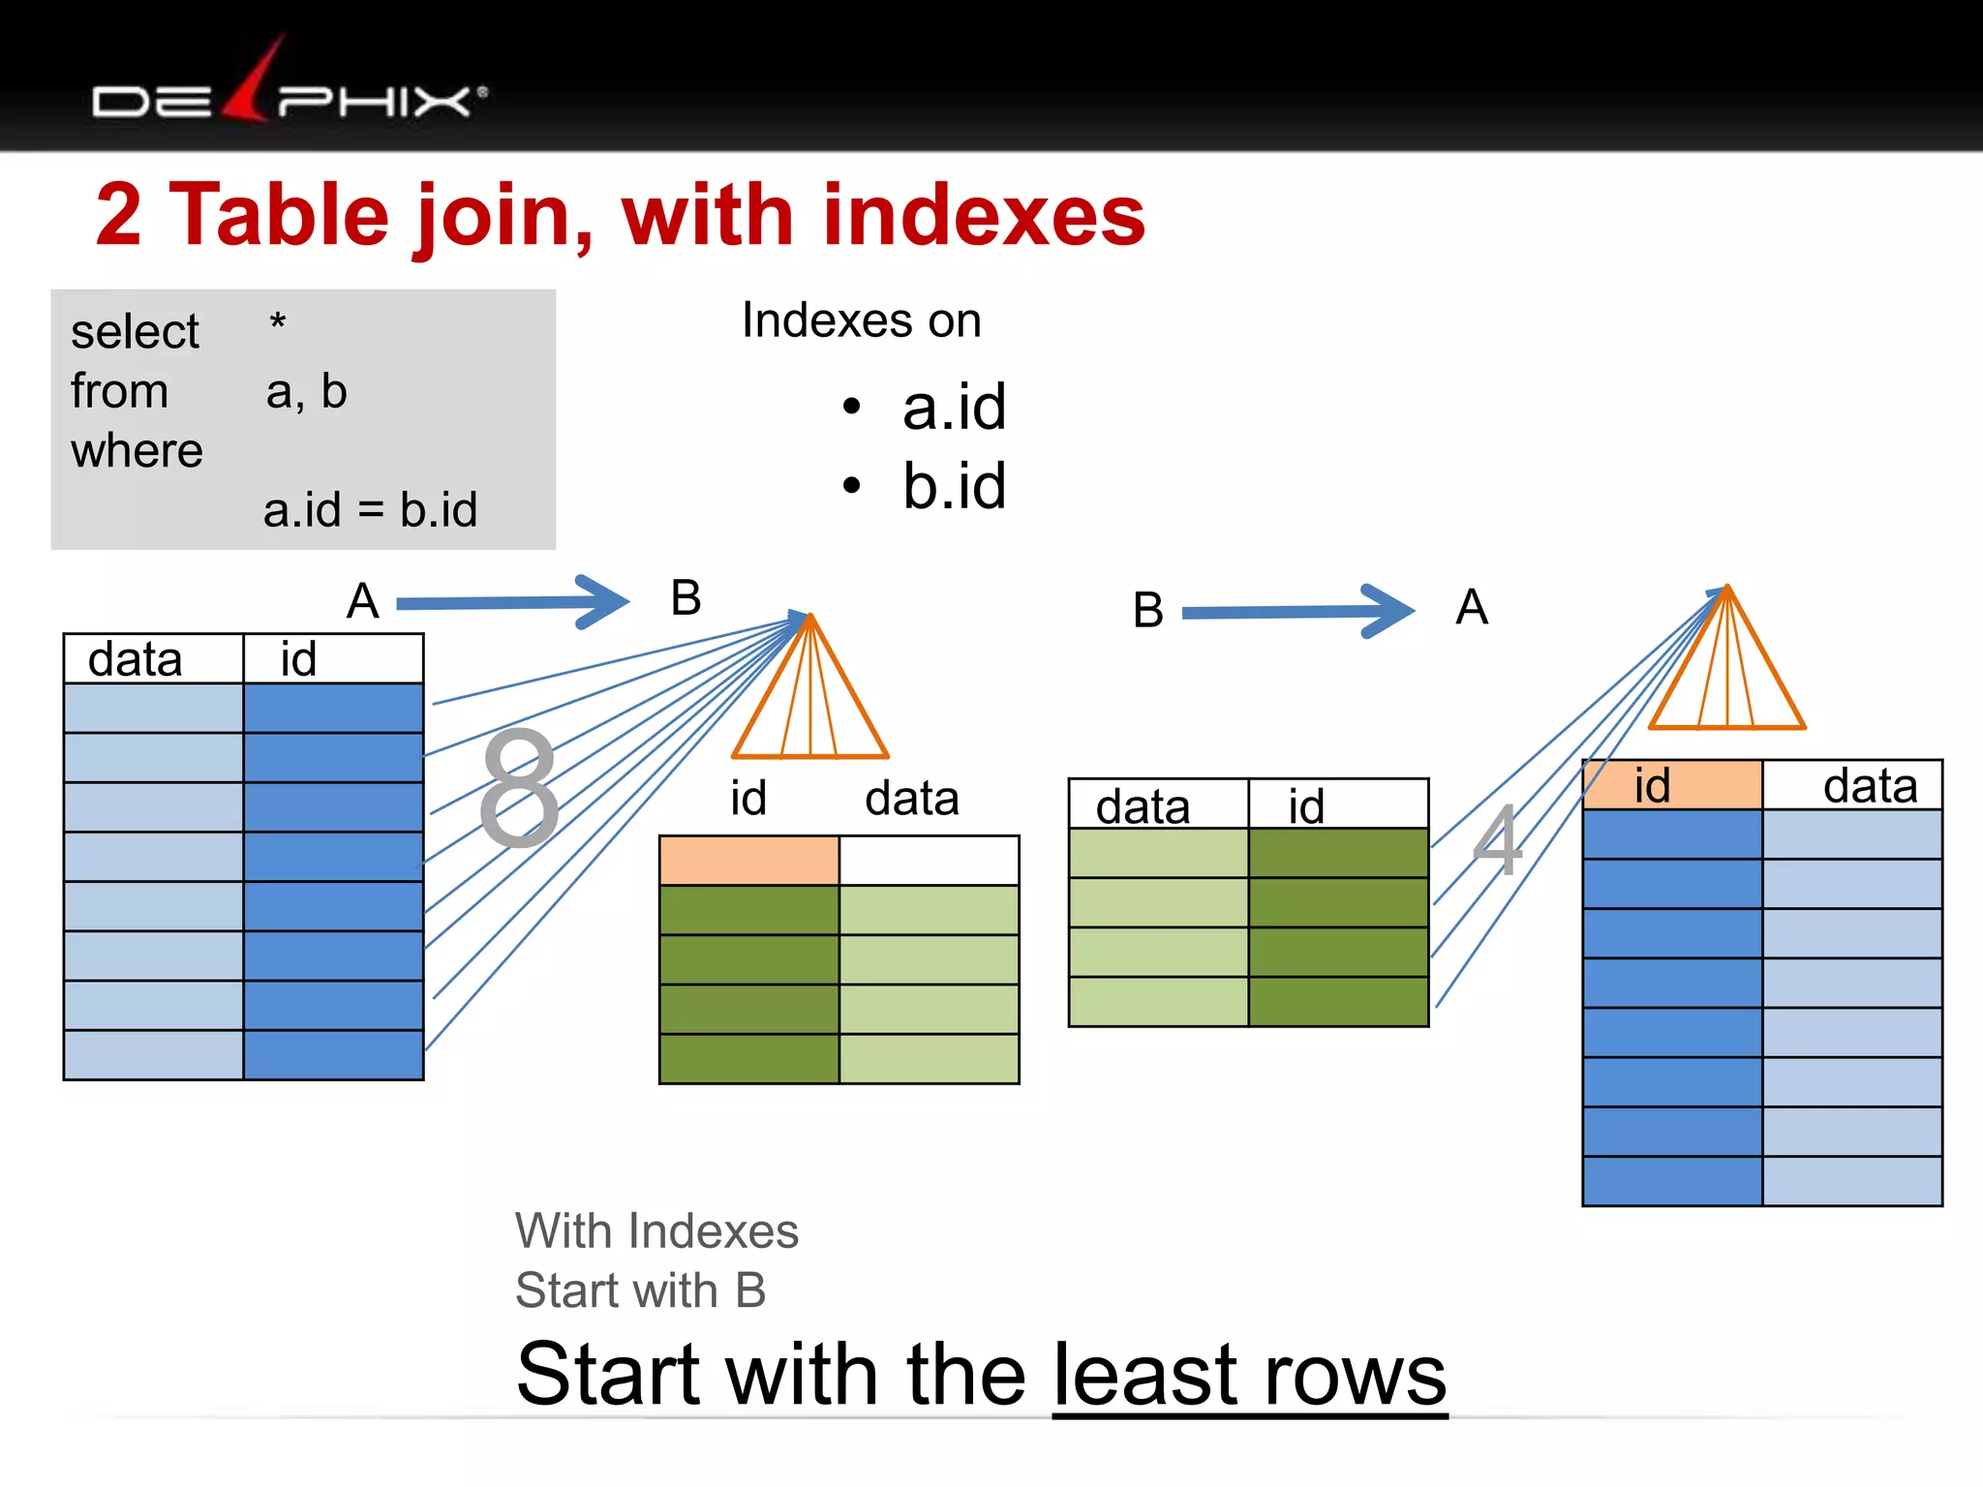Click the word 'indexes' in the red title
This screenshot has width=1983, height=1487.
[x=984, y=215]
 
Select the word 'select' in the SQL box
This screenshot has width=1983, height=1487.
[x=135, y=332]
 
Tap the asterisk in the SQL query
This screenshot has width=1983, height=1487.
[x=277, y=323]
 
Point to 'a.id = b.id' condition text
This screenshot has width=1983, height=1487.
[x=370, y=509]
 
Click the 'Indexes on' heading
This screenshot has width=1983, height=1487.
[x=861, y=320]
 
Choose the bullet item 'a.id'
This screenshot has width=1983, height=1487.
[x=954, y=407]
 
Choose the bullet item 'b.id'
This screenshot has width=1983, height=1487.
[x=954, y=486]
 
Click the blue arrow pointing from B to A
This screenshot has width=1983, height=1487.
[x=1297, y=611]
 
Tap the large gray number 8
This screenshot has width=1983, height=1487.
[x=520, y=788]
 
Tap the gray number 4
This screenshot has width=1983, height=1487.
[x=1497, y=840]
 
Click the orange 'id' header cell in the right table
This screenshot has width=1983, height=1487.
[x=1671, y=785]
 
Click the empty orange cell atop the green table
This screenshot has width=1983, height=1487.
[x=748, y=861]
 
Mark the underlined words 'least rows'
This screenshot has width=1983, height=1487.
[x=1249, y=1375]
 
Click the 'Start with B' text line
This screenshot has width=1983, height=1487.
[x=640, y=1290]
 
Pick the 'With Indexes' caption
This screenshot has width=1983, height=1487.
[x=656, y=1231]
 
